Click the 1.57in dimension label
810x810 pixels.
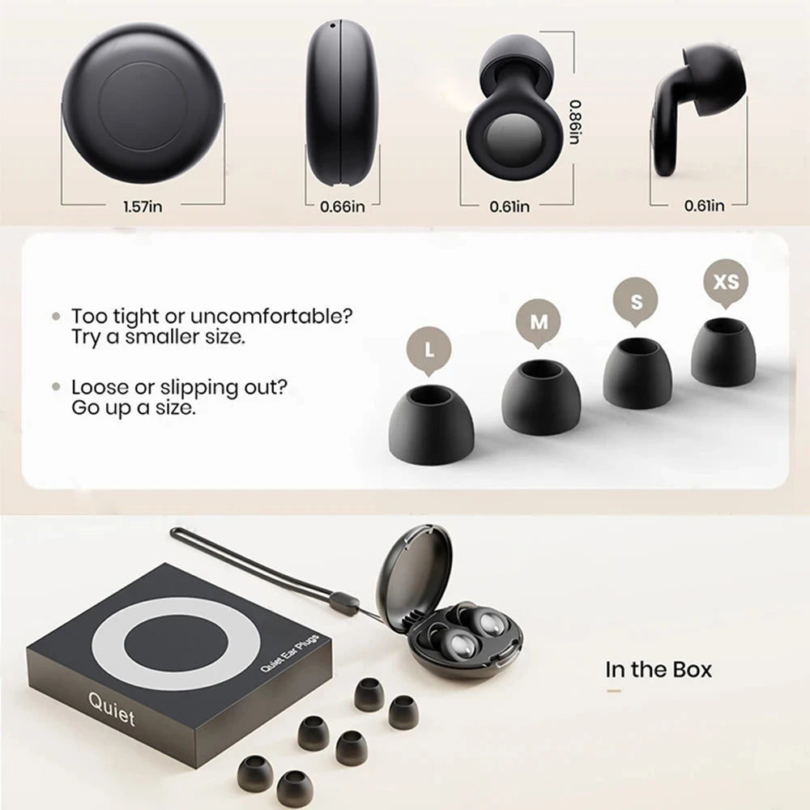(x=143, y=206)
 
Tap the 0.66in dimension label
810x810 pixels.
(x=343, y=206)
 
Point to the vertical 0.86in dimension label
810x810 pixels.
(x=573, y=122)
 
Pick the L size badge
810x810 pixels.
(x=427, y=351)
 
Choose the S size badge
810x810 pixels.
(x=637, y=301)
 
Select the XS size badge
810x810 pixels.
(x=725, y=281)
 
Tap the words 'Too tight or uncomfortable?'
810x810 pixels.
(x=212, y=316)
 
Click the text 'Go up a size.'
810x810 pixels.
(x=134, y=407)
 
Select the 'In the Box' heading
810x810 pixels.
(x=659, y=669)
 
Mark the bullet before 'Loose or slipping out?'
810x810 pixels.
(x=56, y=387)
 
